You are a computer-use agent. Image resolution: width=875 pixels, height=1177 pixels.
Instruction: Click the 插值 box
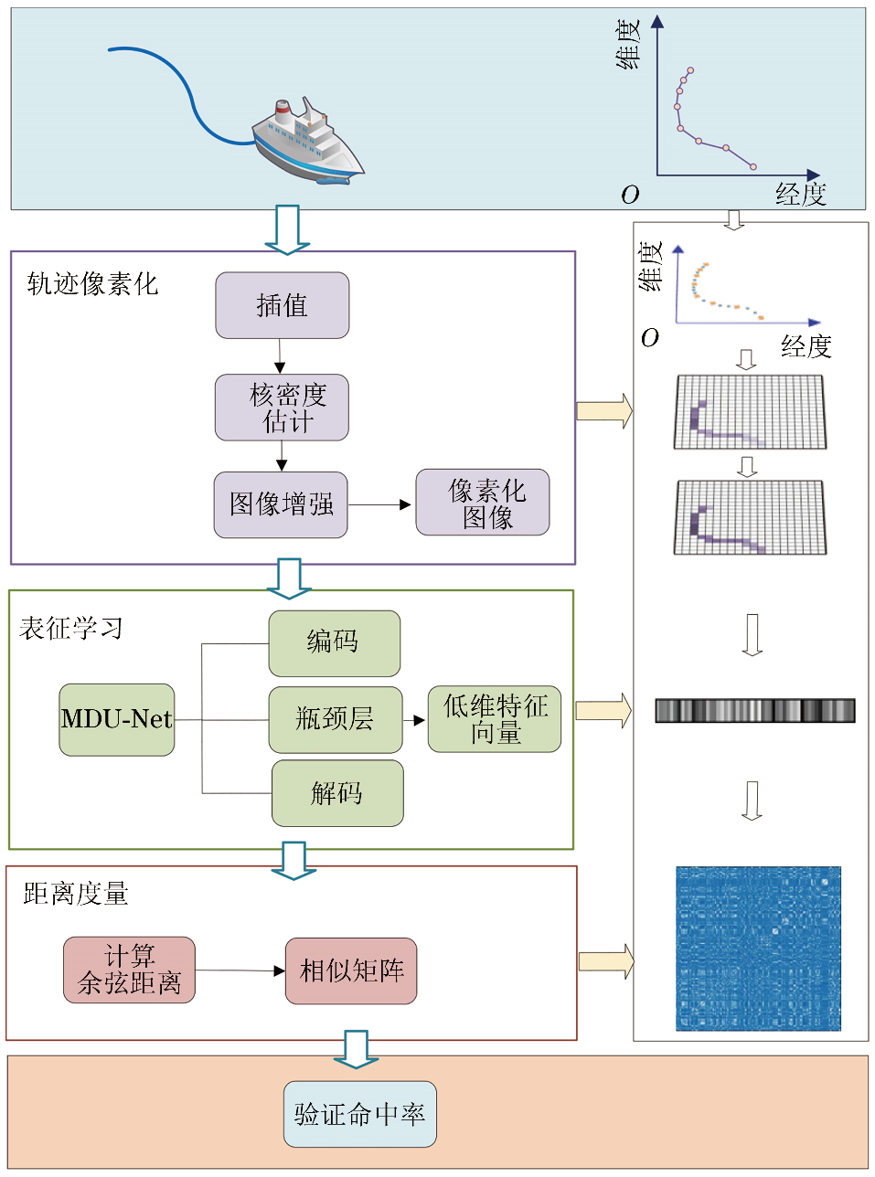(x=282, y=305)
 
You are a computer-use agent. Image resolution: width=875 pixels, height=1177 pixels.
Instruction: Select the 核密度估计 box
(x=282, y=408)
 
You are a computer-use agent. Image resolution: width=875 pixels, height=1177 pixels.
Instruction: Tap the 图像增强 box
(x=281, y=504)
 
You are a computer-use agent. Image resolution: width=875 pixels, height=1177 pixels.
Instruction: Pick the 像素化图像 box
(x=483, y=503)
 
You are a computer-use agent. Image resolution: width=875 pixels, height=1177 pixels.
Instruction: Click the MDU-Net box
(x=116, y=720)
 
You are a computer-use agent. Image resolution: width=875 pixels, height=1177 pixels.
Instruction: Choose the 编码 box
(x=334, y=643)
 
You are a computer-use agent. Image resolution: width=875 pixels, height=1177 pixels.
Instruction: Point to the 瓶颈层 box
(x=335, y=720)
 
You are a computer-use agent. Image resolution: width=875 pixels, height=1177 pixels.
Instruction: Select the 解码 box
(x=336, y=793)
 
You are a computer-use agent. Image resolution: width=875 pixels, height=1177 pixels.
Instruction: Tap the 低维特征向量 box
(x=495, y=720)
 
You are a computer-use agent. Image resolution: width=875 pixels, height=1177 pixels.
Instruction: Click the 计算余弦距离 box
(x=129, y=970)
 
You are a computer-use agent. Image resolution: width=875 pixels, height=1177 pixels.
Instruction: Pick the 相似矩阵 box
(x=351, y=970)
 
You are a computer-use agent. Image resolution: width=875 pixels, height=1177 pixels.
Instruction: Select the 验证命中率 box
(x=359, y=1114)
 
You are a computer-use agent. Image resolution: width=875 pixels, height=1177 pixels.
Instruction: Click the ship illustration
(x=306, y=142)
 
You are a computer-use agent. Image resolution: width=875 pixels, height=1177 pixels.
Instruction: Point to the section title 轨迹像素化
(x=92, y=284)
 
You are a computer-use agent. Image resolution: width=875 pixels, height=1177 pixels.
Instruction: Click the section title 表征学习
(x=70, y=629)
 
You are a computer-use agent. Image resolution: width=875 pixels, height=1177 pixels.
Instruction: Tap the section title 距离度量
(x=76, y=894)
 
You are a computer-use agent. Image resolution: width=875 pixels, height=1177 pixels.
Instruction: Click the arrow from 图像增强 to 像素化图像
(x=380, y=504)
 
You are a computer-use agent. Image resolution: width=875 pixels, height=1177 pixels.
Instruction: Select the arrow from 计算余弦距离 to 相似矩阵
(x=240, y=970)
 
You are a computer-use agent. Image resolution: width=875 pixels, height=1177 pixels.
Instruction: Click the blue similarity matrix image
(x=758, y=949)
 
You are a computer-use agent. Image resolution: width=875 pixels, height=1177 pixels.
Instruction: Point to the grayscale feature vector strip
(x=754, y=710)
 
